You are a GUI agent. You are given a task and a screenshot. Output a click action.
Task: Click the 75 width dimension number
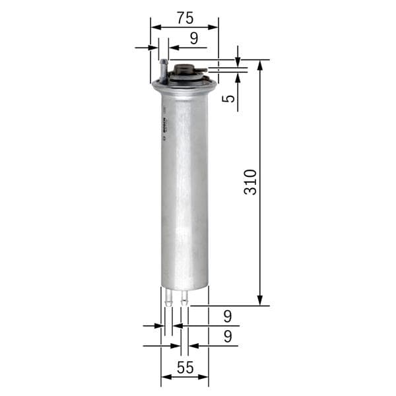(184, 17)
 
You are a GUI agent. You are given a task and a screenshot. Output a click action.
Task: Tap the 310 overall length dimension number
(250, 181)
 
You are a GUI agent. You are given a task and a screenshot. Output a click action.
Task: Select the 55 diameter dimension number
(185, 368)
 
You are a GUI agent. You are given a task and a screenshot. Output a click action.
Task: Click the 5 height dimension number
(228, 99)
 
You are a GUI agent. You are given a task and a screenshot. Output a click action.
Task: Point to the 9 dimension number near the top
(193, 38)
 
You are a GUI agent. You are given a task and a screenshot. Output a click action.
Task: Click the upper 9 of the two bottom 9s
(227, 316)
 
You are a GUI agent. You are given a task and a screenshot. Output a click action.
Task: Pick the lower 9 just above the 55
(227, 337)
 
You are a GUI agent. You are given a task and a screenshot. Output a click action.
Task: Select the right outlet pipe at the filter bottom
(184, 298)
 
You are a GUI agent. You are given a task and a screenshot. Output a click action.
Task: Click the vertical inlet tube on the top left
(162, 69)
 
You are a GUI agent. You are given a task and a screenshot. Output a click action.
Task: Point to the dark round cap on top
(186, 69)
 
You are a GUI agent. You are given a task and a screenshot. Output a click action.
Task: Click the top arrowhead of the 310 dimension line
(260, 65)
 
